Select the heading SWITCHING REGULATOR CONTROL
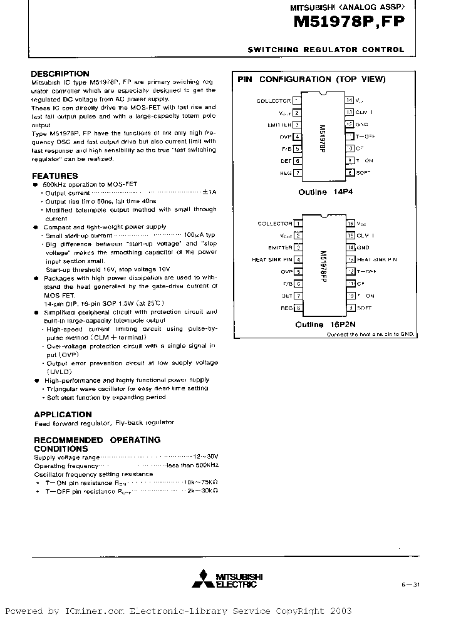pyautogui.click(x=326, y=50)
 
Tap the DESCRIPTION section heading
pyautogui.click(x=60, y=73)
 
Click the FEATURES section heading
pyautogui.click(x=54, y=176)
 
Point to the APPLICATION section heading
pyautogui.click(x=63, y=414)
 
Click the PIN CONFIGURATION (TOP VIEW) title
pyautogui.click(x=311, y=80)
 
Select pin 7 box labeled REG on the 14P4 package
pyautogui.click(x=298, y=172)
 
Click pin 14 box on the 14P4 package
pyautogui.click(x=349, y=100)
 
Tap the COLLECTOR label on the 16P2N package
pyautogui.click(x=275, y=223)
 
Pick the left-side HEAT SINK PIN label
pyautogui.click(x=272, y=259)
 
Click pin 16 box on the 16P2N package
pyautogui.click(x=351, y=223)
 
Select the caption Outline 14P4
pyautogui.click(x=326, y=192)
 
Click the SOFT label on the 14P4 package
pyautogui.click(x=364, y=172)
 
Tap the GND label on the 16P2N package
pyautogui.click(x=363, y=247)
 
